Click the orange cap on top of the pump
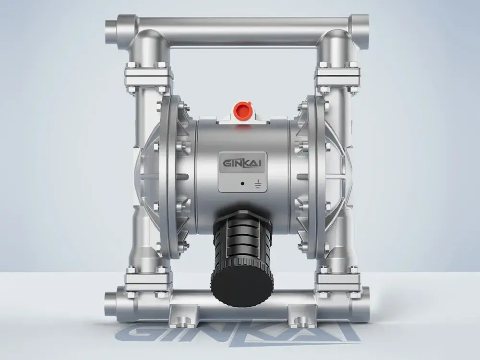coord(242,110)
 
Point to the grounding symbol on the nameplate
coord(258,184)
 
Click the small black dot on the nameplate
coord(242,184)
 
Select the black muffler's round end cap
coord(242,288)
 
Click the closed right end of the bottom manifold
coord(365,304)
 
